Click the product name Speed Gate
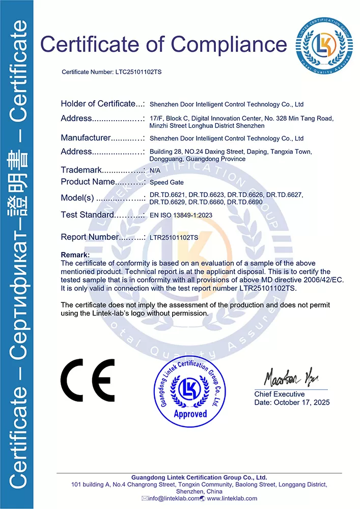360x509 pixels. pyautogui.click(x=167, y=182)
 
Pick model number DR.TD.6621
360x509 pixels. pyautogui.click(x=167, y=195)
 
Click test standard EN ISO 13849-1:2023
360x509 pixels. pyautogui.click(x=181, y=215)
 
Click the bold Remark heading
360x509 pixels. pyautogui.click(x=75, y=254)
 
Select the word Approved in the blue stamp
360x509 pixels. pyautogui.click(x=190, y=413)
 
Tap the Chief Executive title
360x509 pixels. pyautogui.click(x=280, y=394)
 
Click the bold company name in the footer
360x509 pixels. pyautogui.click(x=199, y=477)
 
